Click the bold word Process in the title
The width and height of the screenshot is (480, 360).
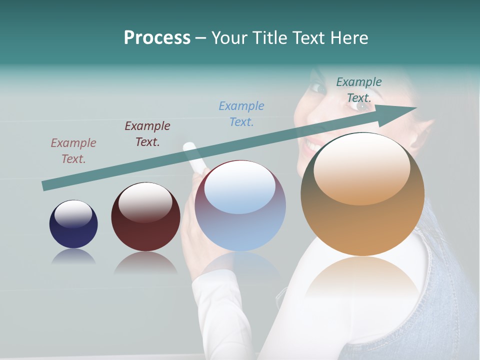point(157,38)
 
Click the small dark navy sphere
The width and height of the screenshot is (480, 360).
point(73,224)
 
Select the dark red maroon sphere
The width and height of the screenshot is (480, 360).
point(145,216)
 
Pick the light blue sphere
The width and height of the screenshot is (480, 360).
point(240,206)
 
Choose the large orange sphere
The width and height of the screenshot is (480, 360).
point(362,194)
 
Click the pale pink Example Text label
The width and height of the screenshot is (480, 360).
point(73,150)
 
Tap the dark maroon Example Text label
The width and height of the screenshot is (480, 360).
point(147,133)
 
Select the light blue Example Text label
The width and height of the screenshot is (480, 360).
point(241,113)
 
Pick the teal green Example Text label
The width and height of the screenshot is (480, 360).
point(358,89)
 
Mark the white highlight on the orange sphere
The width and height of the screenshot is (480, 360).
point(361,170)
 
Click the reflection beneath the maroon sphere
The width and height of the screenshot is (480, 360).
point(145,262)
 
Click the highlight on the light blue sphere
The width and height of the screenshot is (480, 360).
point(240,187)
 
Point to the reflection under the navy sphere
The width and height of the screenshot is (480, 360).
point(73,256)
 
